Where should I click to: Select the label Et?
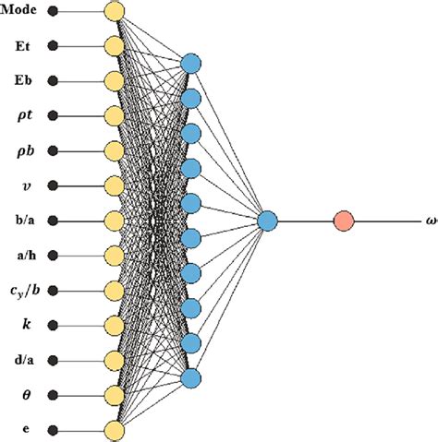pos(21,45)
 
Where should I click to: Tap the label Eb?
pos(21,80)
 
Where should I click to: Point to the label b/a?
pos(21,221)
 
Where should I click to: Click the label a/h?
pos(21,256)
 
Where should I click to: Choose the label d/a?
pos(21,360)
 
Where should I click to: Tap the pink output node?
pos(344,221)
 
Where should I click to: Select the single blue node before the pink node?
pos(267,221)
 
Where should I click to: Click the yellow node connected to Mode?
pos(114,12)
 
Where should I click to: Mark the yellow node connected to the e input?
pos(114,430)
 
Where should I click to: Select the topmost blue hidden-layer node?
pos(191,65)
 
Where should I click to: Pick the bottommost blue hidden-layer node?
pos(191,377)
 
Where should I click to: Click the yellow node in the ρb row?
pos(114,151)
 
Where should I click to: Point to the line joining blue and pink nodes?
pos(305,221)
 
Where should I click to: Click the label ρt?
pos(21,116)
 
